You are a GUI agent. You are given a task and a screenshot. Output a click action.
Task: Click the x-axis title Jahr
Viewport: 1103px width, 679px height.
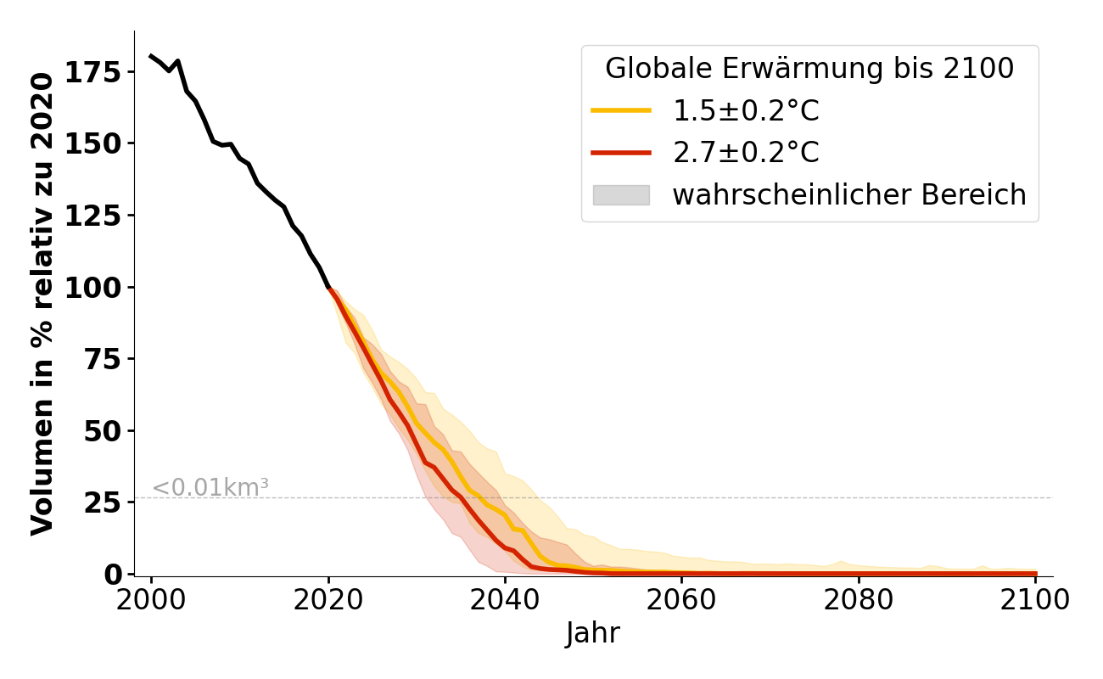coord(593,633)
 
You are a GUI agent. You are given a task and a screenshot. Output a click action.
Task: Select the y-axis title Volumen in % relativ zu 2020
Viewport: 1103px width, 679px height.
coord(42,303)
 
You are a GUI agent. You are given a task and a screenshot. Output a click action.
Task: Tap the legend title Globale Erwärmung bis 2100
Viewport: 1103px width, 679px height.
coord(809,70)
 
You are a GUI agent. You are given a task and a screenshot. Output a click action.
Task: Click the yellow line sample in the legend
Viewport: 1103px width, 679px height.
coord(621,111)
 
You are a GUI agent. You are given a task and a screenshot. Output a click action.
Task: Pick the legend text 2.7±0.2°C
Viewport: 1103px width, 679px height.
coord(746,153)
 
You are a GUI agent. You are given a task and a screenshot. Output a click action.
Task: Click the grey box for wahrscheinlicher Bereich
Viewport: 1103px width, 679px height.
coord(621,195)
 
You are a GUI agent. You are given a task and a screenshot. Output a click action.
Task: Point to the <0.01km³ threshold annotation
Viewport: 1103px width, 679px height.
coord(210,488)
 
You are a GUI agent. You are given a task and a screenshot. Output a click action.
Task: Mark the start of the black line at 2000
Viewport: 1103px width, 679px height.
coord(151,56)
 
